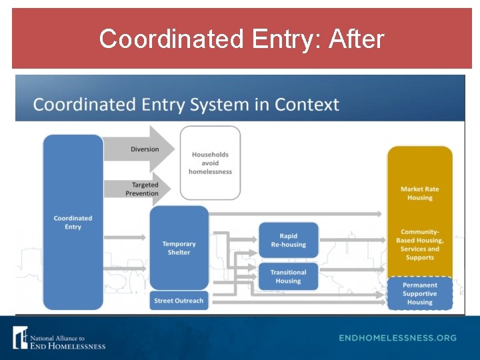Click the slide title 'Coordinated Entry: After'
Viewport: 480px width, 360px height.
[x=241, y=39]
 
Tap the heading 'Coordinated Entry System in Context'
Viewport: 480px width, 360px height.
[x=186, y=105]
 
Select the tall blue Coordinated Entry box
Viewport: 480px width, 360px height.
[x=73, y=223]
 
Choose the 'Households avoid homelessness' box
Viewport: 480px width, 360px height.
[x=210, y=163]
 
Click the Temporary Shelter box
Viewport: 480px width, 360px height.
[x=179, y=248]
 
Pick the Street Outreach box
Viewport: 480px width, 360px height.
[x=179, y=301]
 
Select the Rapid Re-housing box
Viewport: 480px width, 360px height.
[x=288, y=240]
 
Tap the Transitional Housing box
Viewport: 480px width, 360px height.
[x=288, y=277]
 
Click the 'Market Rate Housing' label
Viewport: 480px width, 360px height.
[x=419, y=193]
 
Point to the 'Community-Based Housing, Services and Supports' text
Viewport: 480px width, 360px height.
[x=419, y=245]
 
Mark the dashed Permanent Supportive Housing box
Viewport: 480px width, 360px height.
[x=420, y=293]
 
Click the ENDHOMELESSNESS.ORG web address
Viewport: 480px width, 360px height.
[x=397, y=338]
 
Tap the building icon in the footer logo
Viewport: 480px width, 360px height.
[x=21, y=337]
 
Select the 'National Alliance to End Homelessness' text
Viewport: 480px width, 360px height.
[x=67, y=342]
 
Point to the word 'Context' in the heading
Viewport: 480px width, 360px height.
[x=307, y=105]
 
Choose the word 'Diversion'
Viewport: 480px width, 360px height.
[x=145, y=149]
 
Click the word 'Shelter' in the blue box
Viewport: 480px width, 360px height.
[x=179, y=253]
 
